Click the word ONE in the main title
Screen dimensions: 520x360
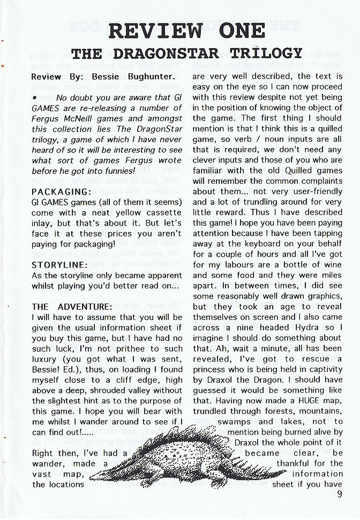(x=233, y=31)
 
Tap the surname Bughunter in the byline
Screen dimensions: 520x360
(x=145, y=77)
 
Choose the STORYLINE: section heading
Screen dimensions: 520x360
(x=59, y=265)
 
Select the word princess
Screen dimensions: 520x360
(x=212, y=369)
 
